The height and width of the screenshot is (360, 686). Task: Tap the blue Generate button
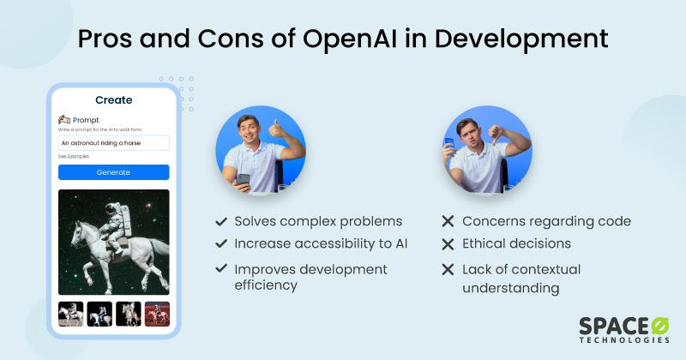pyautogui.click(x=113, y=172)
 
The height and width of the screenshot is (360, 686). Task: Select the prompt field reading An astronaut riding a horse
pyautogui.click(x=113, y=143)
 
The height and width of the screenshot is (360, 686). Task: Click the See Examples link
pyautogui.click(x=74, y=156)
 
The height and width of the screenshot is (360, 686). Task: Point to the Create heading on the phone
pyautogui.click(x=113, y=100)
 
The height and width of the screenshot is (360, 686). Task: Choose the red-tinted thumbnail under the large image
pyautogui.click(x=156, y=315)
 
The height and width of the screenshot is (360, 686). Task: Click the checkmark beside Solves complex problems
pyautogui.click(x=221, y=221)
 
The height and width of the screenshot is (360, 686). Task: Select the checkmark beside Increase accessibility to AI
pyautogui.click(x=221, y=243)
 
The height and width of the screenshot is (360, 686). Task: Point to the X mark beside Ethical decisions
pyautogui.click(x=447, y=244)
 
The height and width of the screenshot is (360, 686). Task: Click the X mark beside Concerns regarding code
pyautogui.click(x=447, y=221)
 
